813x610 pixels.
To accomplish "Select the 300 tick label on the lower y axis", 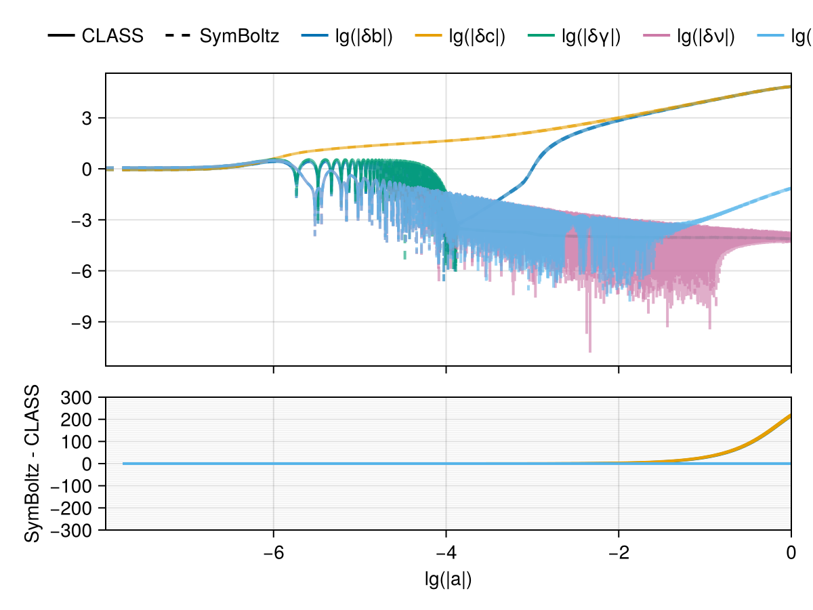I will [83, 397].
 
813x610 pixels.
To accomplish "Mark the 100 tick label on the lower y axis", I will [83, 441].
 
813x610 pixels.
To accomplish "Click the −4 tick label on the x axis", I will [446, 552].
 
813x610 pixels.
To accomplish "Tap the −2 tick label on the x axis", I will [619, 552].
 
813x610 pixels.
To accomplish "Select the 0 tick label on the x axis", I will [791, 552].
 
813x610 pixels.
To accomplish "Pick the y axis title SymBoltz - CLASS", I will [31, 464].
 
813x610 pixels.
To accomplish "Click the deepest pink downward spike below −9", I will [589, 350].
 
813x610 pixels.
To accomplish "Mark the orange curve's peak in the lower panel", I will [790, 415].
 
